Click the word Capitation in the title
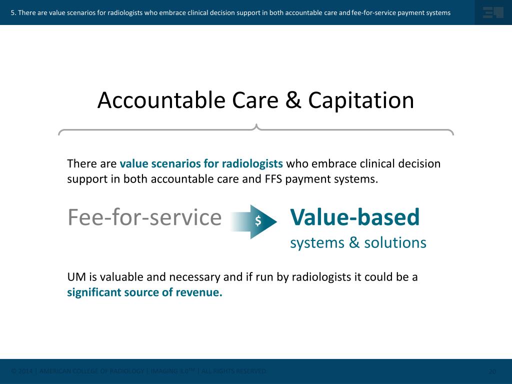pyautogui.click(x=361, y=100)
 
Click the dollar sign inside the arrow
pyautogui.click(x=258, y=220)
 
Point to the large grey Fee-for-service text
pyautogui.click(x=144, y=217)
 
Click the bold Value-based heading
pyautogui.click(x=354, y=217)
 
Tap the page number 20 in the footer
pyautogui.click(x=492, y=371)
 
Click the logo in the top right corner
pyautogui.click(x=492, y=12)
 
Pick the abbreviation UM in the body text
pyautogui.click(x=75, y=277)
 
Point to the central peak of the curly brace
pyautogui.click(x=256, y=126)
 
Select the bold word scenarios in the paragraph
pyautogui.click(x=172, y=163)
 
